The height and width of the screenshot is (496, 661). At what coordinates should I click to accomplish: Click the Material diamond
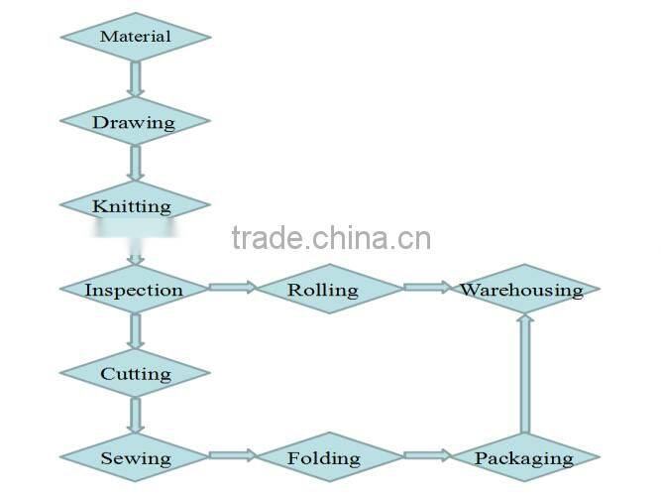coord(136,37)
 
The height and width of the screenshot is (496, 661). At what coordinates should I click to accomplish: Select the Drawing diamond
coord(136,123)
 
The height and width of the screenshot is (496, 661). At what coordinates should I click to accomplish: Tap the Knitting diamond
coord(136,206)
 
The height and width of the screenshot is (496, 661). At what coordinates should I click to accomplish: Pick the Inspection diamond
coord(136,290)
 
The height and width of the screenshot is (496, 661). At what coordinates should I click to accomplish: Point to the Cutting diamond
coord(136,374)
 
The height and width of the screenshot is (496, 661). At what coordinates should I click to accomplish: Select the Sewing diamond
coord(136,458)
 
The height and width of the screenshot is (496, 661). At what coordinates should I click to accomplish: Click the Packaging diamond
coord(524,458)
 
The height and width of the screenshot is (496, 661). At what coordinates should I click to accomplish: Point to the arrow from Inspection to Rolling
coord(232,288)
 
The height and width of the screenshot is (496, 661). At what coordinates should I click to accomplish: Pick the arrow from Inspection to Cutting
coord(136,331)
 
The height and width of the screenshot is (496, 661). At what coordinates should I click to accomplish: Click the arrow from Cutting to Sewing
coord(136,416)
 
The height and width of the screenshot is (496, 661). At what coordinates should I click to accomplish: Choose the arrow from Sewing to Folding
coord(232,456)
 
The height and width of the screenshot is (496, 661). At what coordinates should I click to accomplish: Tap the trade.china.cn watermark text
coord(330,238)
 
